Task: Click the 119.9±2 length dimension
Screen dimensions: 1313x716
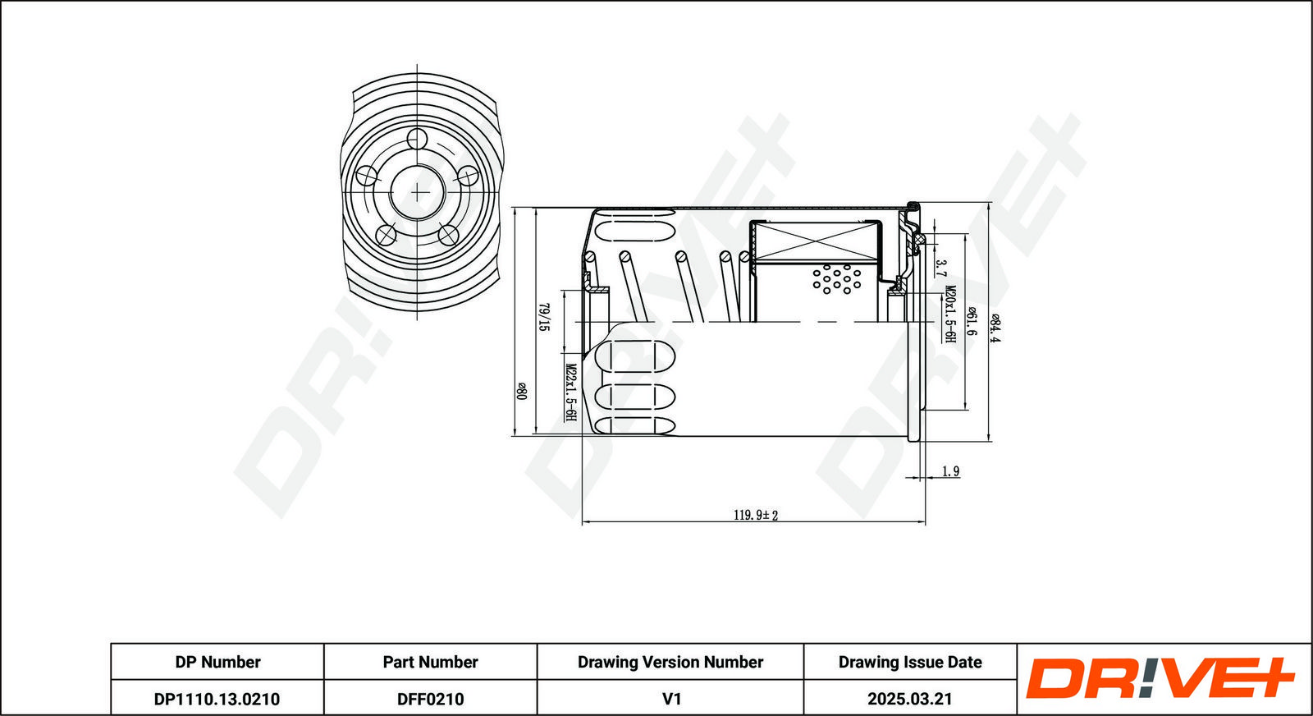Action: (x=756, y=516)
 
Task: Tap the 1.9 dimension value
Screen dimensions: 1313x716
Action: (x=950, y=470)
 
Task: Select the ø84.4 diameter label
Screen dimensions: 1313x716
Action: (x=995, y=328)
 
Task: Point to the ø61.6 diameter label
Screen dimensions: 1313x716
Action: (x=972, y=321)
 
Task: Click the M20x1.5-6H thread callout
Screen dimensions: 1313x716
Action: (x=951, y=314)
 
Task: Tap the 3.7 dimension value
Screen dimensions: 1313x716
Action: (x=940, y=269)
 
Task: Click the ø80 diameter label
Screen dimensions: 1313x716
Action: (x=522, y=391)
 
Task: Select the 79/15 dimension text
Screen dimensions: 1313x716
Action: (x=544, y=317)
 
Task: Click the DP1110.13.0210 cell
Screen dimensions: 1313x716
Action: (x=217, y=699)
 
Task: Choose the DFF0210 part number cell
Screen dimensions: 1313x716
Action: (x=430, y=699)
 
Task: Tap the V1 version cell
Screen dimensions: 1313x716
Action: (x=671, y=699)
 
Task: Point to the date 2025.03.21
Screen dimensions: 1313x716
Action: (x=910, y=699)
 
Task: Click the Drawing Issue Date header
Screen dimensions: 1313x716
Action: (x=910, y=662)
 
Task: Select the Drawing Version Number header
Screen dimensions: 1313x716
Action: (x=670, y=662)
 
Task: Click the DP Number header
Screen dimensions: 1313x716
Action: (x=217, y=662)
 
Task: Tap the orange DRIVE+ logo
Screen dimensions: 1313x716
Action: (x=1160, y=678)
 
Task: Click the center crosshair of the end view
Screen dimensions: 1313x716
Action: (x=418, y=192)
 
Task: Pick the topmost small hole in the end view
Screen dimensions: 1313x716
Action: (x=418, y=139)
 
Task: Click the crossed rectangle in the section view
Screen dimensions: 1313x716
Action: (x=815, y=242)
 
